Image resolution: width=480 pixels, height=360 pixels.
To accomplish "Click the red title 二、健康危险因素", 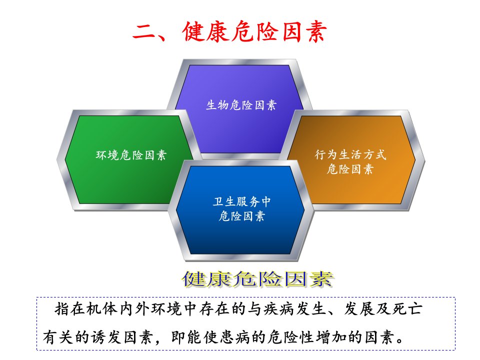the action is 229,31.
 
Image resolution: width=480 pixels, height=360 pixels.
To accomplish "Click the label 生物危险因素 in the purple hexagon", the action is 241,105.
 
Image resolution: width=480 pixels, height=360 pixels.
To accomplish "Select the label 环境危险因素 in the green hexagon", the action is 131,155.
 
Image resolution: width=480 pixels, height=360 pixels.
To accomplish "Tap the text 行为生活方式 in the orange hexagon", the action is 350,154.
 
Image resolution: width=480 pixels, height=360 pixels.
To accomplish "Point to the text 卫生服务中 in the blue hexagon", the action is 242,201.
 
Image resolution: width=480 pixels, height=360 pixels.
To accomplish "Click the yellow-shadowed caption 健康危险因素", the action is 258,279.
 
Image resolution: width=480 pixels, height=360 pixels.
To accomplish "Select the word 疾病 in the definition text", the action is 279,309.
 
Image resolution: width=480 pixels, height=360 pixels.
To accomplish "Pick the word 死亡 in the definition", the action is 407,309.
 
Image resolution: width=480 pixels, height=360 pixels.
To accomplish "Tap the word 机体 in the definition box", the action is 102,309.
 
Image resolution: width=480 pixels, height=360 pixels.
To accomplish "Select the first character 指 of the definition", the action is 62,309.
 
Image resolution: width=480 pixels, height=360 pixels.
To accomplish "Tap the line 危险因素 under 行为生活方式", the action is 350,168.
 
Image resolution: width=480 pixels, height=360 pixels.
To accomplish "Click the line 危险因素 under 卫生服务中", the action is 242,216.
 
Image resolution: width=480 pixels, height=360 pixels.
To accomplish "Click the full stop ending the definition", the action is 400,340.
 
